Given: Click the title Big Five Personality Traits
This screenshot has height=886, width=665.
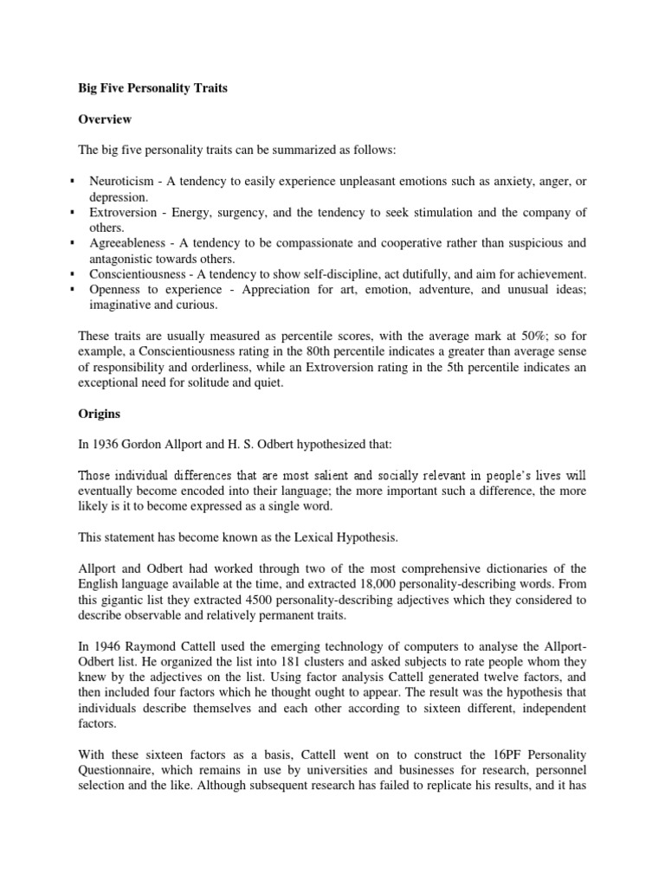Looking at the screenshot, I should pos(152,88).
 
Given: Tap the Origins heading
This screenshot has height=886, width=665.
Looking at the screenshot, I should pos(99,414).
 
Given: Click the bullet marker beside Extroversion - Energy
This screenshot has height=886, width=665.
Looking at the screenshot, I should pos(72,213).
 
